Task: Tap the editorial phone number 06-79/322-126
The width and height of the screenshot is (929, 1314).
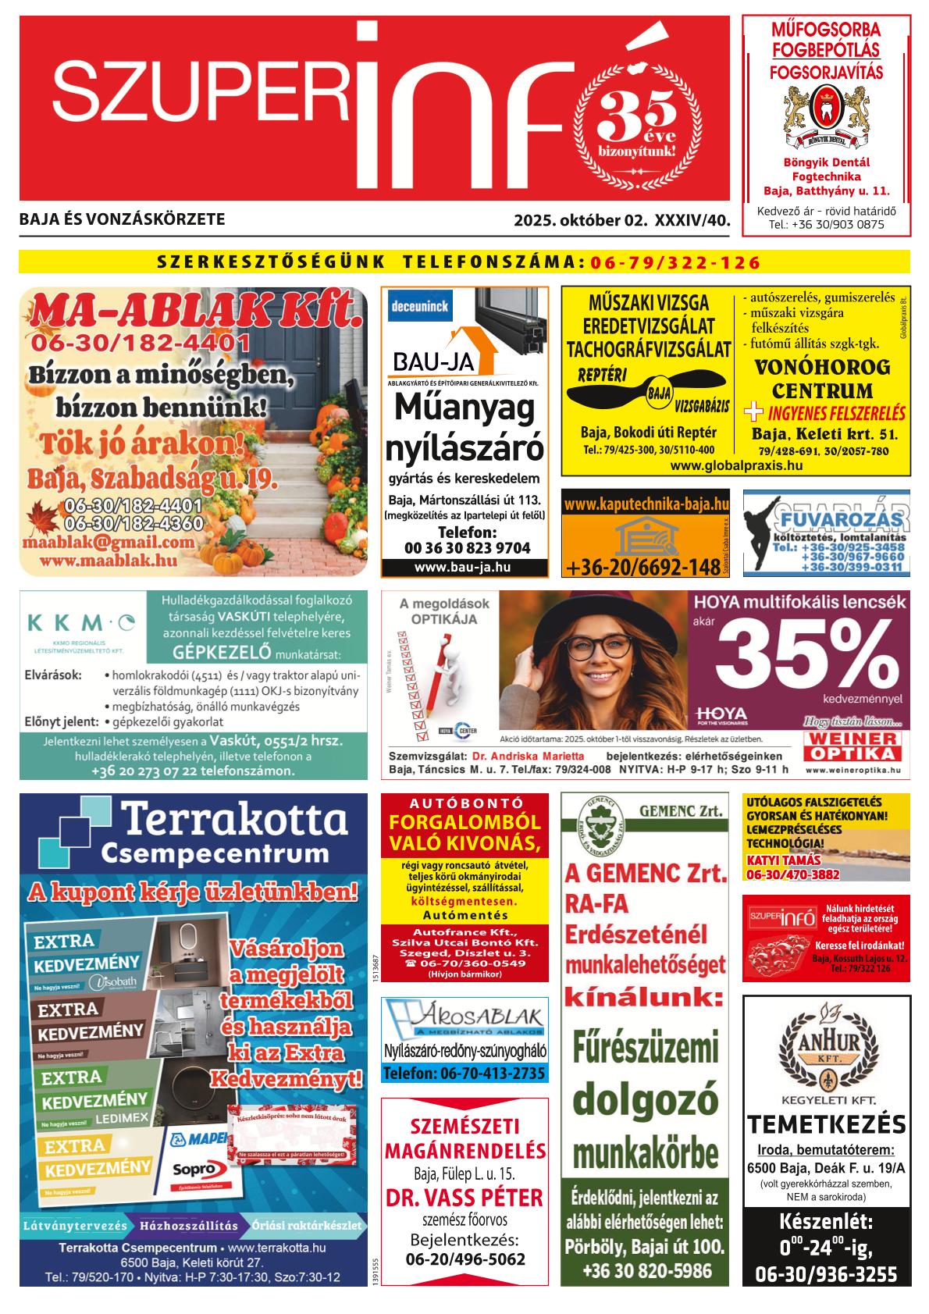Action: click(x=675, y=262)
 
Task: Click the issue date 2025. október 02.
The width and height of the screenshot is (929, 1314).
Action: click(x=579, y=221)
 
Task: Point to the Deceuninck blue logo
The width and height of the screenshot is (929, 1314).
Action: click(x=421, y=307)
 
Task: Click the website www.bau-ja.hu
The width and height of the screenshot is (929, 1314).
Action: click(x=463, y=567)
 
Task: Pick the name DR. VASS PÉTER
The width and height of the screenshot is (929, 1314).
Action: click(x=464, y=1198)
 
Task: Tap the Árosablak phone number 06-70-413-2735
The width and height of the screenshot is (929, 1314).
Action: click(x=464, y=1074)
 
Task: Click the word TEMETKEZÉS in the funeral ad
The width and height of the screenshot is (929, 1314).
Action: click(x=826, y=1125)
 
